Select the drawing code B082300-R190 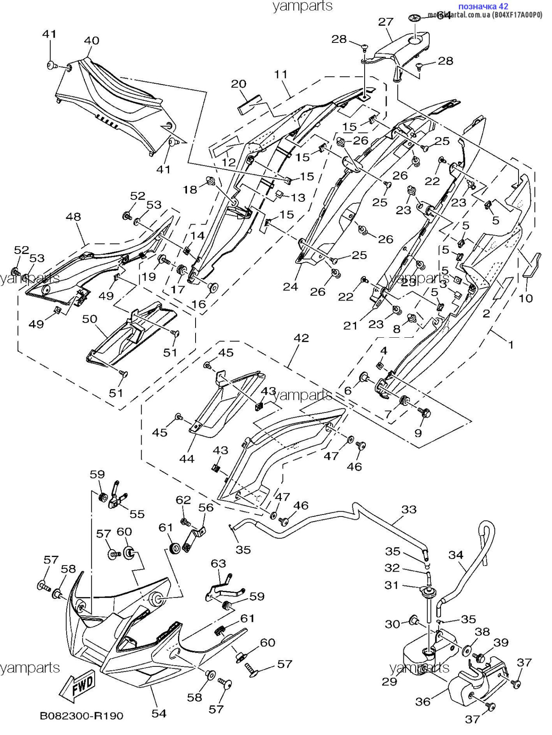81,716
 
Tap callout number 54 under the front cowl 159,713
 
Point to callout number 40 91,41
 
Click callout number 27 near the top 385,22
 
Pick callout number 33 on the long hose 409,509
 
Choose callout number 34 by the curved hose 456,555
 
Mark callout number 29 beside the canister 389,681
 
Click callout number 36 423,702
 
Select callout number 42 301,338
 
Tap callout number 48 73,216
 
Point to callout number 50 90,318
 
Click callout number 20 238,84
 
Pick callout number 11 281,74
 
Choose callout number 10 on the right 526,298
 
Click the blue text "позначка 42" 483,6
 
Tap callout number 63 218,563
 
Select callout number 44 187,459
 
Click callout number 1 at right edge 510,345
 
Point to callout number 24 290,287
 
